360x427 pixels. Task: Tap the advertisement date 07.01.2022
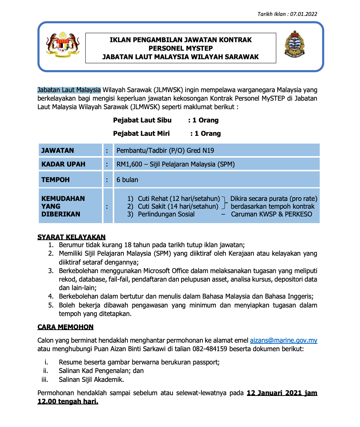[x=303, y=14]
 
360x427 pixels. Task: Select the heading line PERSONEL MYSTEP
[x=180, y=48]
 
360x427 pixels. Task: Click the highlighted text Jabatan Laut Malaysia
[x=69, y=90]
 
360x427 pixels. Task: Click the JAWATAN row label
[x=58, y=150]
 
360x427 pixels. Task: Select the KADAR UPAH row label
[x=63, y=164]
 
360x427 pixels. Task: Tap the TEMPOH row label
[x=55, y=180]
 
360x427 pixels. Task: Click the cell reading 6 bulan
[x=128, y=180]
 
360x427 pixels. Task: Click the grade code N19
[x=208, y=150]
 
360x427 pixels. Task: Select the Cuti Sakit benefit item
[x=178, y=206]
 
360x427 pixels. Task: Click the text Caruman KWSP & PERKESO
[x=271, y=214]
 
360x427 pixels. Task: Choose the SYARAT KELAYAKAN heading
[x=71, y=237]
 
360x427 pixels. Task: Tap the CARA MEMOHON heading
[x=65, y=327]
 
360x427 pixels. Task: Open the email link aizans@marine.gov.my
[x=283, y=340]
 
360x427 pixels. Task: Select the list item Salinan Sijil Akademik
[x=91, y=379]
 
